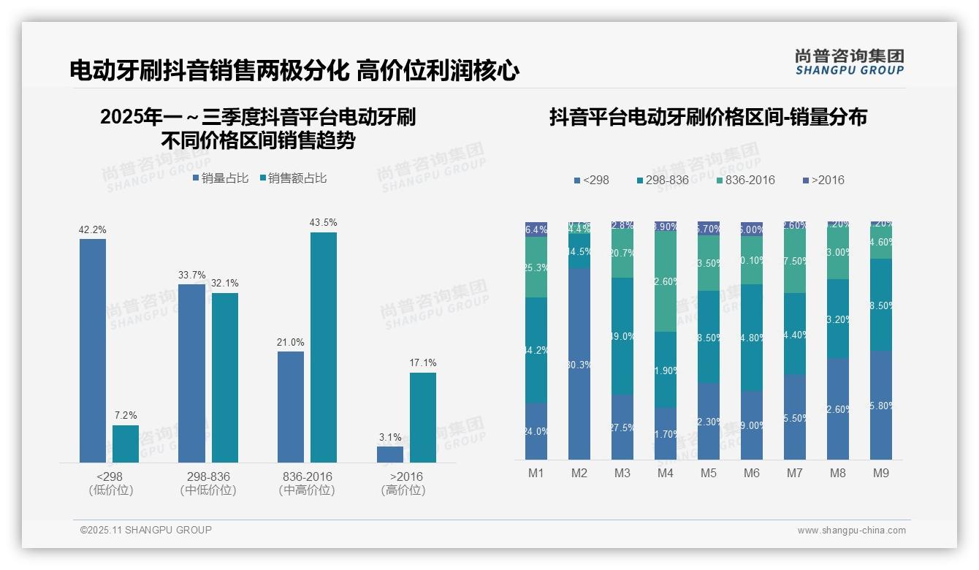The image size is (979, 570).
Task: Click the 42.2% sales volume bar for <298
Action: click(x=93, y=351)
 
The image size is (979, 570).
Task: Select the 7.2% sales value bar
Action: click(x=126, y=444)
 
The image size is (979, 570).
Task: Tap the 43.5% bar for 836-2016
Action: click(x=324, y=347)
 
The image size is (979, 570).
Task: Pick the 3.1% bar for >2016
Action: click(x=390, y=454)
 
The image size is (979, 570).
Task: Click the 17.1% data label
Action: click(x=423, y=362)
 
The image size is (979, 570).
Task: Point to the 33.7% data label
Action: click(x=191, y=275)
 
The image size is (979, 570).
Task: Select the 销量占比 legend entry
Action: click(x=221, y=178)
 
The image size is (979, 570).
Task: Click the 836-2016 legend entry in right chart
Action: click(x=745, y=180)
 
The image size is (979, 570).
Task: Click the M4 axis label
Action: click(x=665, y=473)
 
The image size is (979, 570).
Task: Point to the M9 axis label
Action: click(x=881, y=473)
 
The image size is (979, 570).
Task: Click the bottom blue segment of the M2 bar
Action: click(x=579, y=363)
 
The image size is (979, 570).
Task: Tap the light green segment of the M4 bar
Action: click(x=666, y=281)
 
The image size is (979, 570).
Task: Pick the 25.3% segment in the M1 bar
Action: click(x=536, y=267)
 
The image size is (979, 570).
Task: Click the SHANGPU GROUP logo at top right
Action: click(x=849, y=62)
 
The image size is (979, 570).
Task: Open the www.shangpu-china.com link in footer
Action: click(x=851, y=531)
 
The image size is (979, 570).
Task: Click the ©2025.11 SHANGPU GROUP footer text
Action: click(x=146, y=530)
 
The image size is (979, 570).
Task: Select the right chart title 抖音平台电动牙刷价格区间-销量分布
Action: click(x=707, y=117)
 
